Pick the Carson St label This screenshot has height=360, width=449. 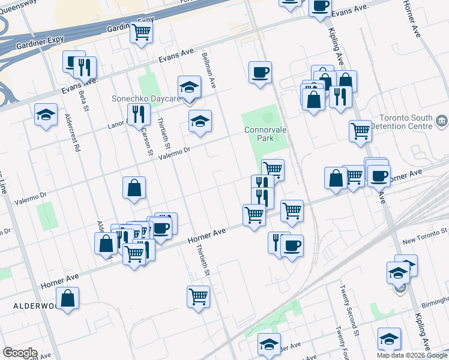(146, 142)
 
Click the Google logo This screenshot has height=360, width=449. (20, 353)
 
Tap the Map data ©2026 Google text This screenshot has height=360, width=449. (412, 355)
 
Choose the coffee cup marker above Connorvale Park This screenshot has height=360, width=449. (260, 73)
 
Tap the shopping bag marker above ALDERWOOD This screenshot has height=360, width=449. (68, 298)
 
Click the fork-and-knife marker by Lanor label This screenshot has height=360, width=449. (138, 115)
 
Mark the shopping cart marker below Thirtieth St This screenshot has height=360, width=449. (198, 295)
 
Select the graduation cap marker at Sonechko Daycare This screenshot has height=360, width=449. (189, 87)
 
